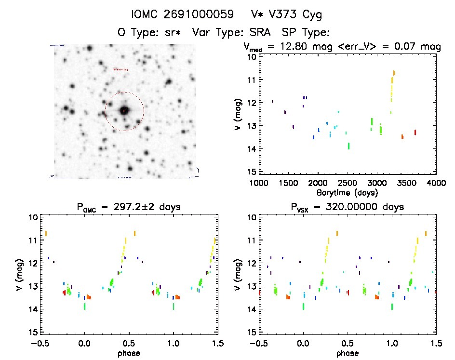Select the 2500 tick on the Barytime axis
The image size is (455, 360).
pyautogui.click(x=348, y=183)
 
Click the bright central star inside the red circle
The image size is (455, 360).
pyautogui.click(x=124, y=110)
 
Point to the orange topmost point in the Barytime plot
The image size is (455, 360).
pyautogui.click(x=394, y=73)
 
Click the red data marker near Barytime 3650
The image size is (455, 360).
pyautogui.click(x=415, y=132)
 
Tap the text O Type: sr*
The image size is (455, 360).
pyautogui.click(x=149, y=33)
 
